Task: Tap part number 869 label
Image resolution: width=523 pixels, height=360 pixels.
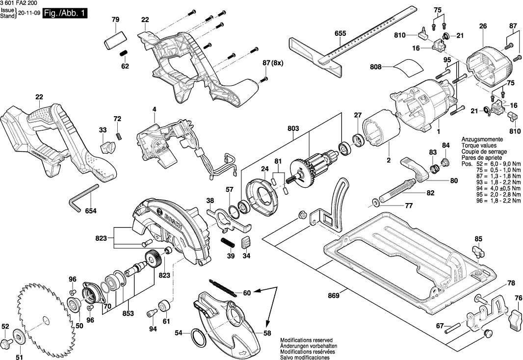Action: [334, 296]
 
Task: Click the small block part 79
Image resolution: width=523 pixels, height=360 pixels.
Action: [115, 38]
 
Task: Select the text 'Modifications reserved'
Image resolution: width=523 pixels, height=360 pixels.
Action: [306, 340]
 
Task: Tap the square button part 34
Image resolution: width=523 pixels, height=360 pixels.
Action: [247, 242]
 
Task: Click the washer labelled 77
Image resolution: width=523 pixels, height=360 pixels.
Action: [375, 201]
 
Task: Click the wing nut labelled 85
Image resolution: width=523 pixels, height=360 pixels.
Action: [479, 253]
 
